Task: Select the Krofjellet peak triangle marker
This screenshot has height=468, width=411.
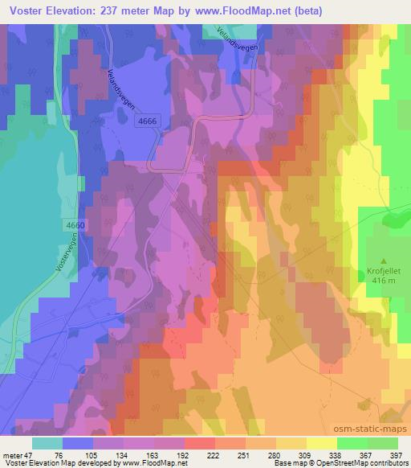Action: pyautogui.click(x=383, y=261)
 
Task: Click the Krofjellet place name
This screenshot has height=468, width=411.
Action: pyautogui.click(x=383, y=272)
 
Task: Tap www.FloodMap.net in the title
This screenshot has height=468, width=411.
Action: pyautogui.click(x=273, y=10)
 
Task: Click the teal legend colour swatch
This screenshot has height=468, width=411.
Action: pyautogui.click(x=47, y=444)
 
